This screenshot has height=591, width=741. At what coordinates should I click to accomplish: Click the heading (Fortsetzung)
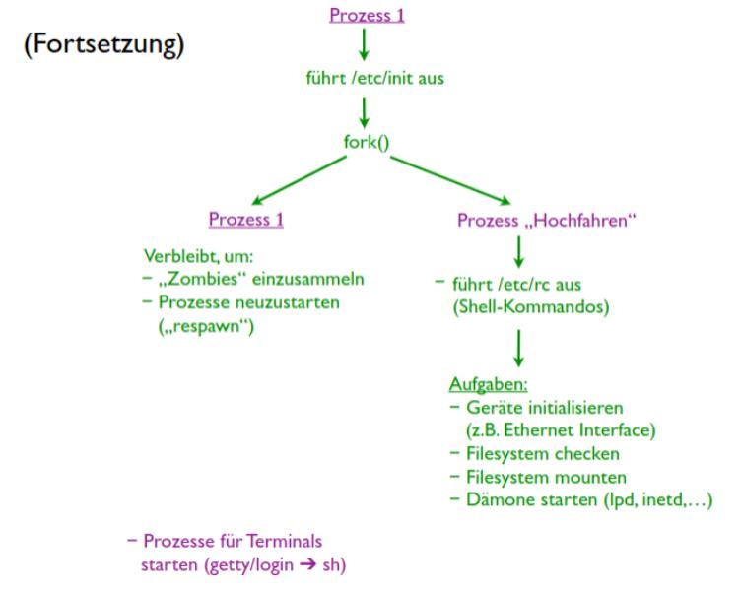pos(104,46)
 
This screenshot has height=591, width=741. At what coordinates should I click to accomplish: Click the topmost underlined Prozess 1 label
pos(367,15)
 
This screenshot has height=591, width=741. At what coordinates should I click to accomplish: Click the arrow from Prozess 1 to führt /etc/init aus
pos(364,44)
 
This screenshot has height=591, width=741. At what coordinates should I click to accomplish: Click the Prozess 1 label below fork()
pos(246,220)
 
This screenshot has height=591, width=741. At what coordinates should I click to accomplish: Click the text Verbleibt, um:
pos(198,256)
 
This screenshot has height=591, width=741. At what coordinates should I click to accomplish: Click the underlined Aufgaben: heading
pos(489,384)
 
